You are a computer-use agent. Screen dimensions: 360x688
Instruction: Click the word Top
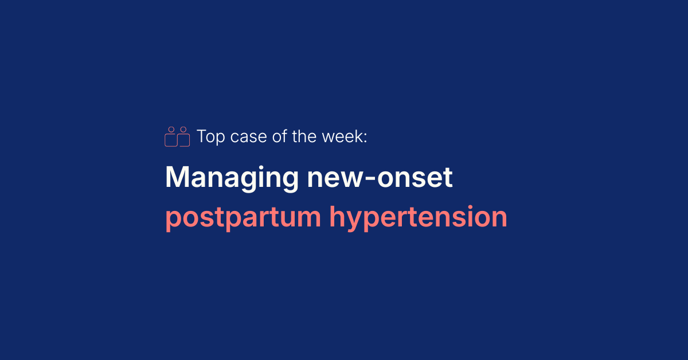click(x=210, y=137)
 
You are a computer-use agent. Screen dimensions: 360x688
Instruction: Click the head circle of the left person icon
click(x=170, y=130)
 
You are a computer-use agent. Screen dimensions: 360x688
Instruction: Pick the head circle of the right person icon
click(x=183, y=130)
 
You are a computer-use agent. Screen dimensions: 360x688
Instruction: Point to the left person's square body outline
click(x=170, y=140)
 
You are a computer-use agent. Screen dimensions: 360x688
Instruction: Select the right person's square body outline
click(x=184, y=140)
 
